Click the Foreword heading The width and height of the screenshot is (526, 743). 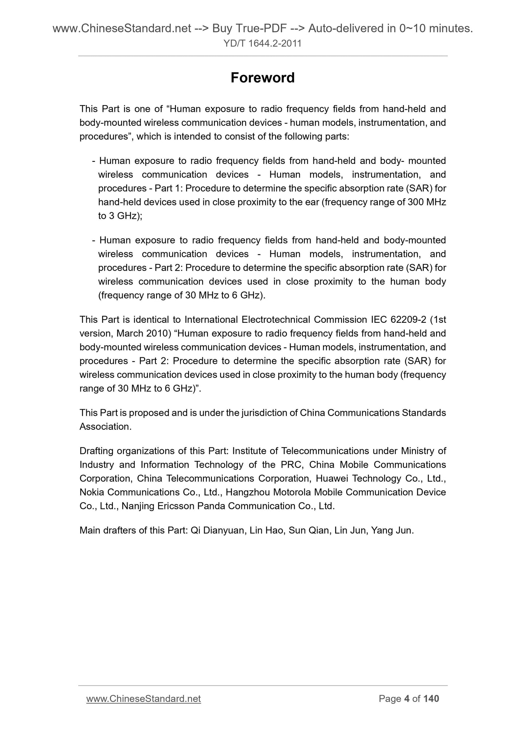click(x=262, y=78)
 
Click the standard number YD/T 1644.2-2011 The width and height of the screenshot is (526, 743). click(x=262, y=44)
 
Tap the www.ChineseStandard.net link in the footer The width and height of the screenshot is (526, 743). click(x=143, y=699)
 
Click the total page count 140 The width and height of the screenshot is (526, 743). click(x=431, y=699)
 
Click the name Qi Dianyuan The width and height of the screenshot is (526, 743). click(x=217, y=530)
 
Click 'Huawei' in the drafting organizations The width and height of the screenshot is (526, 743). click(x=329, y=478)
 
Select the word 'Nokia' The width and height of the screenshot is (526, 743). click(x=92, y=492)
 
